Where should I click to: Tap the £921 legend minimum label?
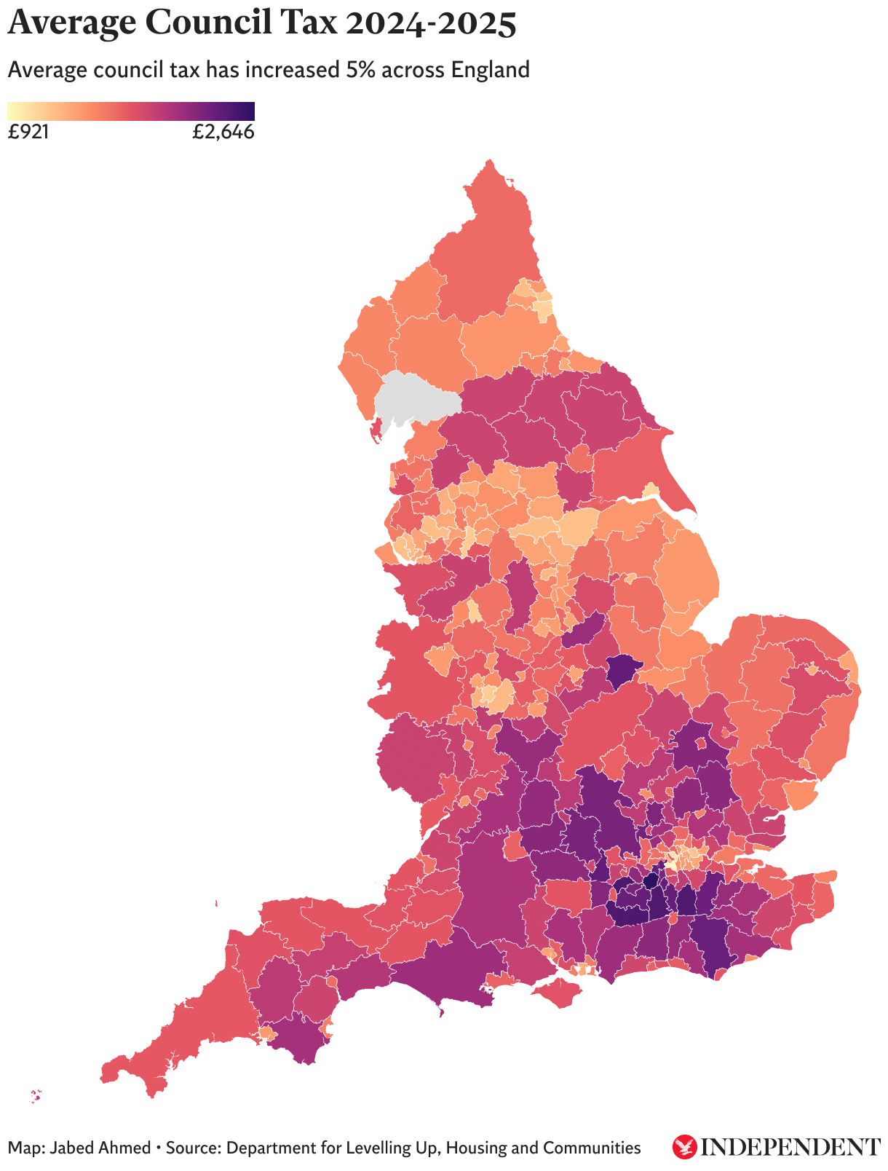coord(28,133)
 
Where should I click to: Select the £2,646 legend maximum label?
coord(223,133)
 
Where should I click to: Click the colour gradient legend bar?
coord(131,111)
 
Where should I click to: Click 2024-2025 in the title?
coord(431,23)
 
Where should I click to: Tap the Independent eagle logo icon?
coord(684,1147)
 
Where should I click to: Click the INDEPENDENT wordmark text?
coord(790,1148)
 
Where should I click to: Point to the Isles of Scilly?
coord(35,1095)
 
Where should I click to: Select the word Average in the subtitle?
coord(44,71)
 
